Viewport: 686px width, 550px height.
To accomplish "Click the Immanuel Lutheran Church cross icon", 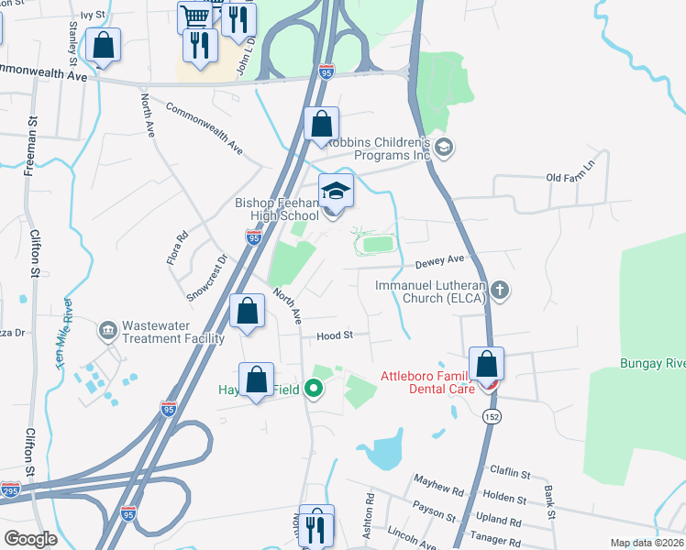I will point(500,291).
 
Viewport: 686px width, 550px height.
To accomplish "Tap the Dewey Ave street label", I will point(435,262).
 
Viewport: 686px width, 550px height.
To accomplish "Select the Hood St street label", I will point(335,336).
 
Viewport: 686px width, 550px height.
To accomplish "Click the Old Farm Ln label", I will point(570,176).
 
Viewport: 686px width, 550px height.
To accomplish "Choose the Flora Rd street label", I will point(178,247).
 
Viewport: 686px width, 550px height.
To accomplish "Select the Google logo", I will point(30,538).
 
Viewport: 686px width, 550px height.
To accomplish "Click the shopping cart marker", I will point(194,16).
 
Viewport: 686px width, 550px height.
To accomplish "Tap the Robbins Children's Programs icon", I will point(444,148).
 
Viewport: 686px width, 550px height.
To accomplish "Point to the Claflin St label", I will point(511,474).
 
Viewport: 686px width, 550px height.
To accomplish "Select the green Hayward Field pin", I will point(315,390).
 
